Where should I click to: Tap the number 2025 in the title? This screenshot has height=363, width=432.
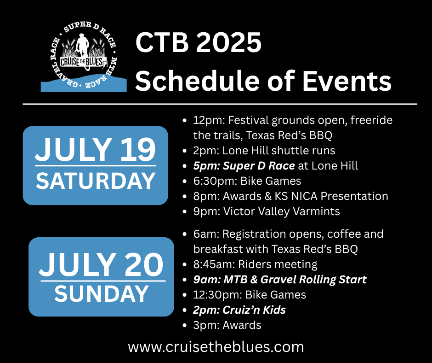[228, 42]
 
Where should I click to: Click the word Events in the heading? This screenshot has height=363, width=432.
[347, 81]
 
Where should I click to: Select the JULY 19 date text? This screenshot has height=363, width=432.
[95, 149]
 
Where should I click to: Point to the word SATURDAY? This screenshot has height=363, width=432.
[96, 181]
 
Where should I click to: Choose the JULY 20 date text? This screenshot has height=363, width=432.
[102, 264]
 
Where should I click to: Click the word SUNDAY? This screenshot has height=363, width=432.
[102, 294]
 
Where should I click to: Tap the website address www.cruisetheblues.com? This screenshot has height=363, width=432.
[216, 347]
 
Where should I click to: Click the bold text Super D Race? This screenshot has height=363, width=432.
[259, 166]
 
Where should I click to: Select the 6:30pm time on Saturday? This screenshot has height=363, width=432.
[215, 181]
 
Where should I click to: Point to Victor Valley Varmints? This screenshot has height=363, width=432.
[282, 211]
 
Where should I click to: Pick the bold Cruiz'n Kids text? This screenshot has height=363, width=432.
[254, 310]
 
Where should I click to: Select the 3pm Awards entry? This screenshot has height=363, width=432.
[227, 325]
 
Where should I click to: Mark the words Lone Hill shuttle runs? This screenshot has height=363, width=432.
[279, 151]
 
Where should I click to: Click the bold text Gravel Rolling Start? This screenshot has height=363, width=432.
[313, 280]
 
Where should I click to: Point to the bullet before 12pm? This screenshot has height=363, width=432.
[185, 121]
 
